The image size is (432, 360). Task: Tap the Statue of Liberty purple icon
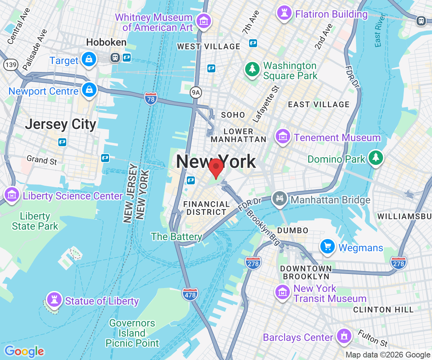click(54, 299)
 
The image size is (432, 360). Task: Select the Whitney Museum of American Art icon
click(204, 21)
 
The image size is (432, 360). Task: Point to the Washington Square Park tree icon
click(252, 69)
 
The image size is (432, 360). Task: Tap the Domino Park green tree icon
click(375, 158)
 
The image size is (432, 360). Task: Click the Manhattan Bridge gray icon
click(280, 198)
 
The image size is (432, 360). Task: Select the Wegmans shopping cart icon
click(328, 247)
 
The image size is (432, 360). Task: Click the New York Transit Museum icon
click(283, 292)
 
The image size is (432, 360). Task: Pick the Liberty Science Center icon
click(12, 194)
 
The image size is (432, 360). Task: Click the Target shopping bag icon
click(88, 59)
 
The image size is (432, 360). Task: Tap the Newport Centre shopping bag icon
click(88, 90)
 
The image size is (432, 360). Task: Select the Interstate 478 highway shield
click(190, 294)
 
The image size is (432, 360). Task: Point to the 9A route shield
click(195, 93)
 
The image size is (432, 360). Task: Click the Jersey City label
click(60, 125)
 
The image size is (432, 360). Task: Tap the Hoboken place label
click(106, 42)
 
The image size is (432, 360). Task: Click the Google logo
click(24, 351)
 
